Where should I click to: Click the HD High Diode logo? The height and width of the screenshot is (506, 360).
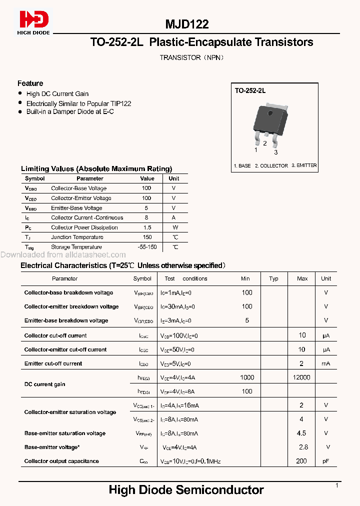(x=34, y=22)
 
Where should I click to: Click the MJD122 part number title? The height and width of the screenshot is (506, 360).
(x=187, y=24)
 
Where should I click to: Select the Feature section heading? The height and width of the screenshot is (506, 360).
(x=30, y=83)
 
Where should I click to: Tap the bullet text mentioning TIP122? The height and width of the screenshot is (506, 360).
(x=78, y=103)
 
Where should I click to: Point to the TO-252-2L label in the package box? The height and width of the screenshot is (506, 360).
(x=250, y=91)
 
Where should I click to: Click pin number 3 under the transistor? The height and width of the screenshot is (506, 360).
(x=275, y=152)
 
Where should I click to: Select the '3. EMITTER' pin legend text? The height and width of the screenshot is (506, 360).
(x=304, y=165)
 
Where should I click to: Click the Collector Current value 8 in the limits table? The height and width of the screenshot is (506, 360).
(x=147, y=217)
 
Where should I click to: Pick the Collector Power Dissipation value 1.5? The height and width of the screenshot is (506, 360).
(x=147, y=227)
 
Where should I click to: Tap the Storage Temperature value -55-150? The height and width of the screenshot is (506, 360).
(x=147, y=247)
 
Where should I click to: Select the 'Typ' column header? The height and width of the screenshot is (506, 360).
(x=273, y=278)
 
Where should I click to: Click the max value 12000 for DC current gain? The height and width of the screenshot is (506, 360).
(x=301, y=377)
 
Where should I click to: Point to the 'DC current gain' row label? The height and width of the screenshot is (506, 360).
(x=45, y=384)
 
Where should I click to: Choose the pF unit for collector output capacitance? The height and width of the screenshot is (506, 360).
(x=326, y=461)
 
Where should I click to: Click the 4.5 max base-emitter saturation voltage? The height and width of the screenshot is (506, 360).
(x=301, y=433)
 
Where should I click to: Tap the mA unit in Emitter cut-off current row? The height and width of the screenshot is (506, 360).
(x=326, y=363)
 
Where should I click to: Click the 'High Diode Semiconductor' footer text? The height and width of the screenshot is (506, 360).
(x=186, y=490)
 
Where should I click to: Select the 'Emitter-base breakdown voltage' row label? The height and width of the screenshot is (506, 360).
(x=66, y=320)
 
